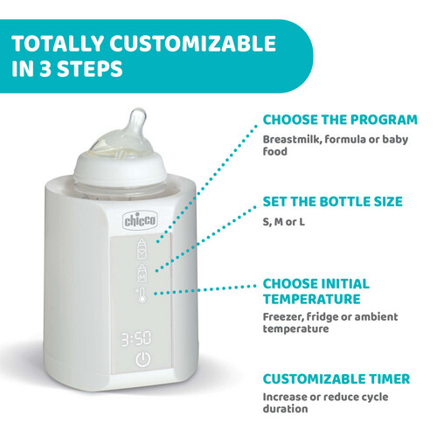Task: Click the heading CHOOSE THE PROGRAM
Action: [340, 120]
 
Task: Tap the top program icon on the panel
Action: [143, 248]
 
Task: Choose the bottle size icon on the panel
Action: [142, 270]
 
